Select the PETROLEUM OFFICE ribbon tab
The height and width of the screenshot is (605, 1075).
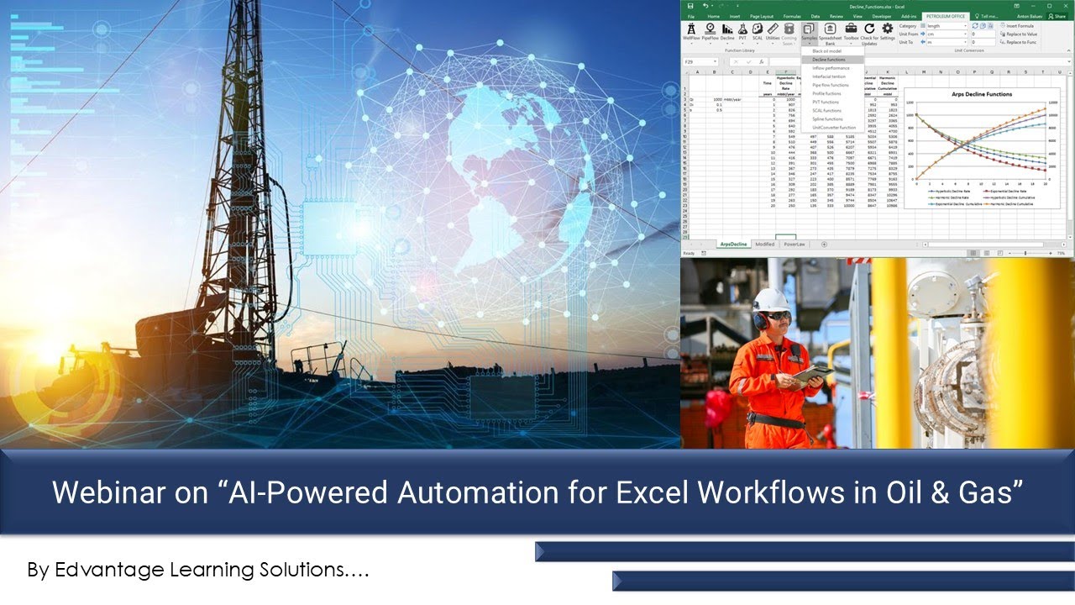[x=946, y=16]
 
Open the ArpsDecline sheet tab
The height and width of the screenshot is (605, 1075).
[x=733, y=245]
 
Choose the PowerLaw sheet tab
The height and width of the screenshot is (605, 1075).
[x=794, y=245]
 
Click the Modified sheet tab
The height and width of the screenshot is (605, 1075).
[x=764, y=245]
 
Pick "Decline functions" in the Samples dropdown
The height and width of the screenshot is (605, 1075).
[x=828, y=60]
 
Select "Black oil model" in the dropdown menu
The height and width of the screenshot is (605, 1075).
[x=826, y=51]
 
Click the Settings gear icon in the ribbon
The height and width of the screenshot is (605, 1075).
[x=888, y=29]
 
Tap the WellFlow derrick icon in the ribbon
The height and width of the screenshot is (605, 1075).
[x=691, y=29]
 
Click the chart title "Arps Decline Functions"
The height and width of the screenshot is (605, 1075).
[x=980, y=94]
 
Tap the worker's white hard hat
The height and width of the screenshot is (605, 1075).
[x=770, y=300]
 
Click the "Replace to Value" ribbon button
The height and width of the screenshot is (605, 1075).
[x=1020, y=34]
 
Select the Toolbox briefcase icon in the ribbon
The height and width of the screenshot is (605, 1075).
[x=851, y=29]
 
